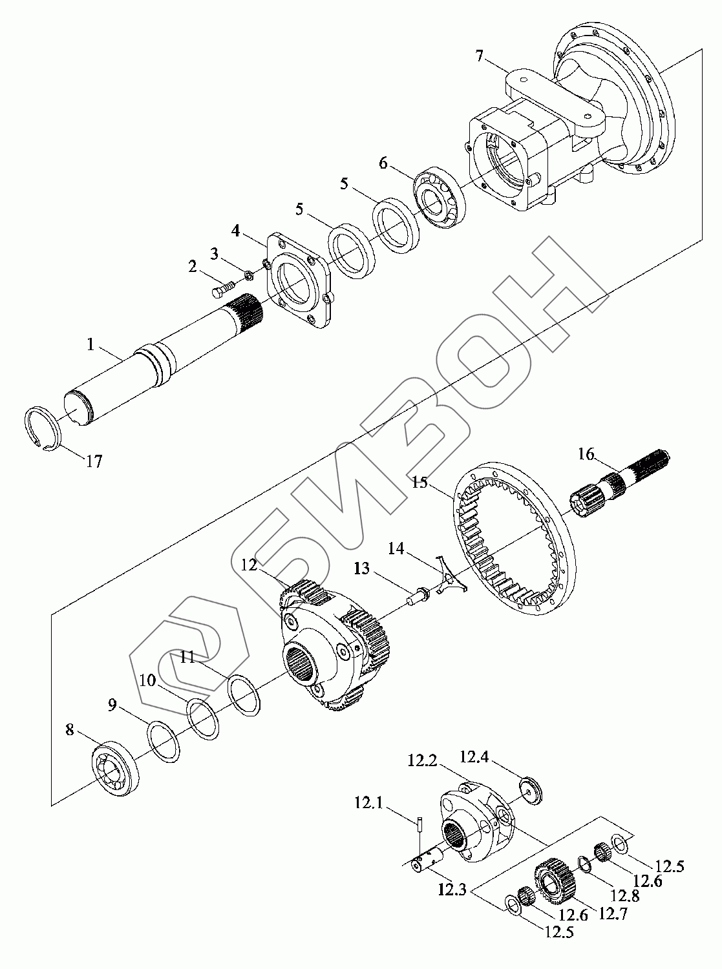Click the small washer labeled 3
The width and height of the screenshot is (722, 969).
click(x=248, y=276)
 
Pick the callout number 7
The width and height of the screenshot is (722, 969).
click(x=478, y=56)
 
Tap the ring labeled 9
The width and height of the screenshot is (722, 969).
click(x=164, y=742)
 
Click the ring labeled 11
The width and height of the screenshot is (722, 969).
click(x=245, y=695)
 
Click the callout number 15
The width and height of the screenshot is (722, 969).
click(x=420, y=482)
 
